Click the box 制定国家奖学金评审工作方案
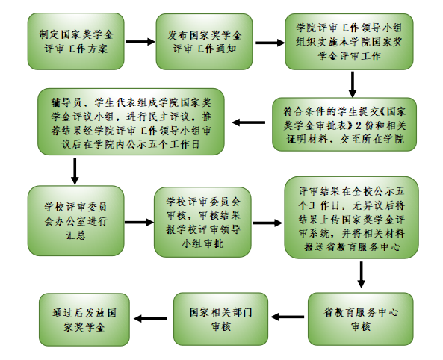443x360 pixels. (75, 41)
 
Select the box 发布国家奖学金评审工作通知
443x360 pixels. (204, 42)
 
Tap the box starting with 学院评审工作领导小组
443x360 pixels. (349, 42)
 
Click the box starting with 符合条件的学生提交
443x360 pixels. (344, 124)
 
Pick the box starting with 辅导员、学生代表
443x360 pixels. (131, 122)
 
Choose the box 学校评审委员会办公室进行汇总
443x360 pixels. (75, 220)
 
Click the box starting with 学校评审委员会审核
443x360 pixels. (202, 222)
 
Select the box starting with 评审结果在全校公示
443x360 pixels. (351, 217)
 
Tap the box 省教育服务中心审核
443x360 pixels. (361, 319)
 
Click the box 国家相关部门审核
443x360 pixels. (220, 319)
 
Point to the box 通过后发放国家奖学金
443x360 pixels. (84, 320)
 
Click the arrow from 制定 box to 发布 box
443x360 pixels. (140, 42)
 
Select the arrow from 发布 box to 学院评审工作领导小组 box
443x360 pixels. (270, 43)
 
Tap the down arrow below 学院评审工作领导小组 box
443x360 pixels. (353, 84)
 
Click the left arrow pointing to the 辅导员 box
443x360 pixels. (249, 122)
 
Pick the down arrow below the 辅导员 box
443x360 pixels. (75, 172)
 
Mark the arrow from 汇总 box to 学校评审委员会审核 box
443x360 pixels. (139, 222)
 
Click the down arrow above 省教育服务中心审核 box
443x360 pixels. (361, 275)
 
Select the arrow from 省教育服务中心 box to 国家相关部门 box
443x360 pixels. (288, 317)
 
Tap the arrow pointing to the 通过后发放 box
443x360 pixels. (150, 319)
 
